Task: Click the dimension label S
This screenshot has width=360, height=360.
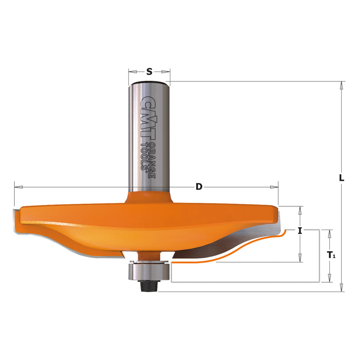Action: (149, 71)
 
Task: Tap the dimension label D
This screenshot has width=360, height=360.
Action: (198, 187)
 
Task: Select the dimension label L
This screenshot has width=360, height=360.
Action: (342, 177)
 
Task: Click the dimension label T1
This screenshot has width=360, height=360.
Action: (331, 255)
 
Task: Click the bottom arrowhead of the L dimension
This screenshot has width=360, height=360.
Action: (342, 288)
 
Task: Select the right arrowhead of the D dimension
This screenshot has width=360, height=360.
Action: (274, 187)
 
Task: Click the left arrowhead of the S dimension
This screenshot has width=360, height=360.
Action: (132, 71)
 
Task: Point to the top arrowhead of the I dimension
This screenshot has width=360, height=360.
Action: (300, 210)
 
